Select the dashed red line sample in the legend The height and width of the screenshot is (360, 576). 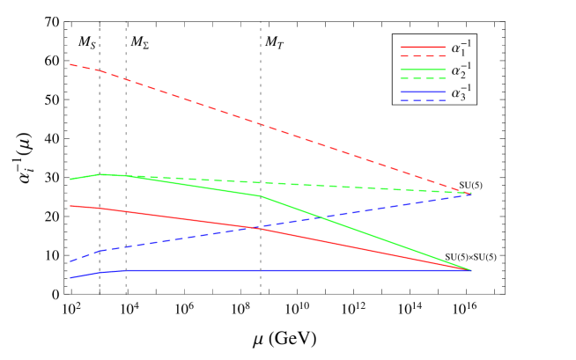tap(422, 55)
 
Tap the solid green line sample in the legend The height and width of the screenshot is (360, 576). tap(422, 69)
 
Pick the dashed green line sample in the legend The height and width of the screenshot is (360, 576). tap(422, 78)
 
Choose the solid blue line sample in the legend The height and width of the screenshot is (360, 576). tap(422, 92)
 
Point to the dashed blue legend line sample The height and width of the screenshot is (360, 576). tap(422, 100)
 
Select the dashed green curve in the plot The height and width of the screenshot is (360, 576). tap(352, 187)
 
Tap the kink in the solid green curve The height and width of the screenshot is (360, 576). tap(261, 196)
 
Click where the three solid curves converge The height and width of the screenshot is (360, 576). tap(470, 270)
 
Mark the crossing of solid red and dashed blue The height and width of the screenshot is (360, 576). tap(260, 228)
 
